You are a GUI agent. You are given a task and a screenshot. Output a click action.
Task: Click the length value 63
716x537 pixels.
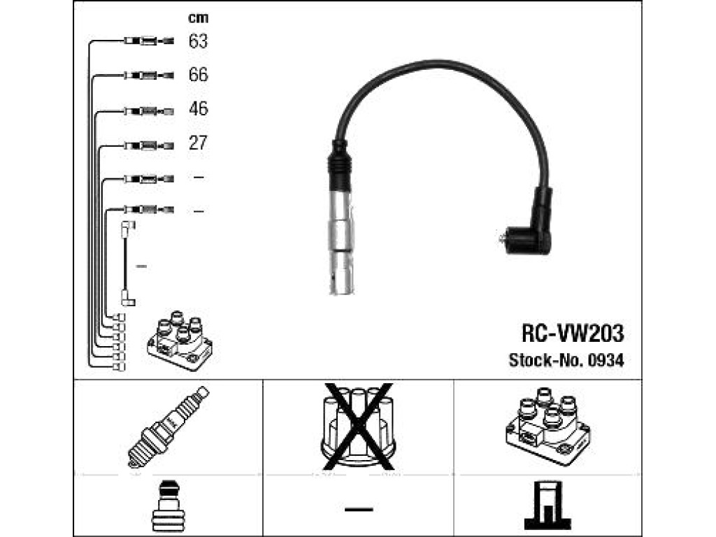(x=198, y=41)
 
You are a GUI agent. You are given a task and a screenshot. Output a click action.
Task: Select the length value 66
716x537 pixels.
(x=198, y=74)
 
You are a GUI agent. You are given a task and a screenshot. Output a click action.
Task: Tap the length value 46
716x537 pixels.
(x=198, y=108)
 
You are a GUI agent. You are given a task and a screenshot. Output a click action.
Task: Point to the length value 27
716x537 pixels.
(x=198, y=143)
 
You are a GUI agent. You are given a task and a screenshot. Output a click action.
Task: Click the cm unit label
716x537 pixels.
(x=198, y=17)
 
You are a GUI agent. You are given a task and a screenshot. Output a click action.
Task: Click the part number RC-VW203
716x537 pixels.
(x=573, y=334)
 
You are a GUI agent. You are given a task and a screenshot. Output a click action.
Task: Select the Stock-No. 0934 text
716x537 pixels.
(x=566, y=360)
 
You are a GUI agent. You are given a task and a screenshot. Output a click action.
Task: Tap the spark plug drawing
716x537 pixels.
(x=168, y=427)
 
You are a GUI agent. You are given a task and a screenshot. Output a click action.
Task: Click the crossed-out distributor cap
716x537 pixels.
(x=359, y=427)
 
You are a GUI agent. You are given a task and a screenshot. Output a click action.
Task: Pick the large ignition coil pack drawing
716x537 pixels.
(x=548, y=426)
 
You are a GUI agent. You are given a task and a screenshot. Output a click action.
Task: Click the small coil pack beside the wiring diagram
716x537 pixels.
(x=180, y=341)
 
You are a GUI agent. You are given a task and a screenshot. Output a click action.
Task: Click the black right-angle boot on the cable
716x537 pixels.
(x=530, y=223)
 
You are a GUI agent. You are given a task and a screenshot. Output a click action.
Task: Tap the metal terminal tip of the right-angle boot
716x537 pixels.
(x=503, y=238)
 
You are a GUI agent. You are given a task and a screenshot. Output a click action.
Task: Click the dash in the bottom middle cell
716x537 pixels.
(x=359, y=509)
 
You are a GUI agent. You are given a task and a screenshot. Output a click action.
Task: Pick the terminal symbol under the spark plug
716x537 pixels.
(x=168, y=505)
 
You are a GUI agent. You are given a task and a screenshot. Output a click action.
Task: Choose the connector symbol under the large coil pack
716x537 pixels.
(x=547, y=505)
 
